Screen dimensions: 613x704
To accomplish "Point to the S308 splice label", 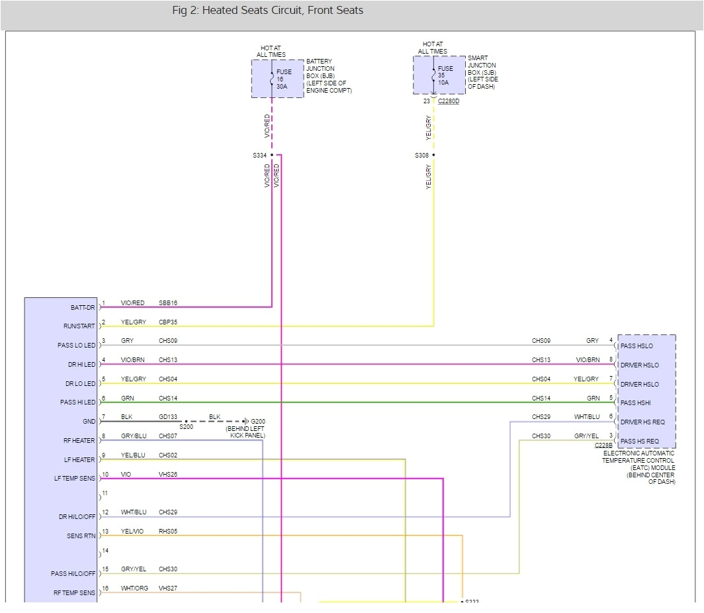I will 421,156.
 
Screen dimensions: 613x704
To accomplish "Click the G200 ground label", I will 258,421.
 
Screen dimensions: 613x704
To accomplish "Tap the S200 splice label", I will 186,428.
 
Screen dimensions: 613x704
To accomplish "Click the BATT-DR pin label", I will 83,307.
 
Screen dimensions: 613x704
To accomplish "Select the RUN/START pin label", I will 80,326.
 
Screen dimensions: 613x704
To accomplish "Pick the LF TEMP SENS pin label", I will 75,478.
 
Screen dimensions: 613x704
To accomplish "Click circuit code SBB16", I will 168,303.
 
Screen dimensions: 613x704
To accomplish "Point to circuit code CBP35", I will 168,322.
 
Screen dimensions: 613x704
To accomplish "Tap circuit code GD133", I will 168,418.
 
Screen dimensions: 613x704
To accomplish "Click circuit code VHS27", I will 168,589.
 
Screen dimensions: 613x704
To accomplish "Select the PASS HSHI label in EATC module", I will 637,402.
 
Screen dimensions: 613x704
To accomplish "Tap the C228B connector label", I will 603,446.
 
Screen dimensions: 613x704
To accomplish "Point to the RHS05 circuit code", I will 168,532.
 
